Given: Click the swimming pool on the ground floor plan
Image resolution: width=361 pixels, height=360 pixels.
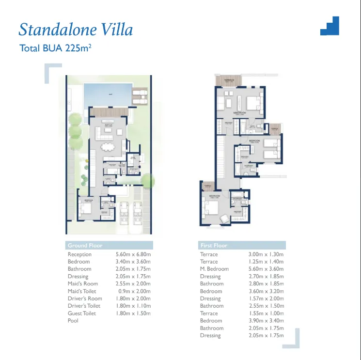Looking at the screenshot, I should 107,95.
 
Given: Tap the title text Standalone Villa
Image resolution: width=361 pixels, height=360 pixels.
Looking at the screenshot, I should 76,30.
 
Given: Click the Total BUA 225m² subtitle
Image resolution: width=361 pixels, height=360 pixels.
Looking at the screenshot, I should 55,48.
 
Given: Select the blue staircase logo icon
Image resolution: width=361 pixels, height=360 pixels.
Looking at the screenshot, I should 330,26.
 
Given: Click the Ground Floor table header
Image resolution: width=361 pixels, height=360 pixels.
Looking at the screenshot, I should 85,246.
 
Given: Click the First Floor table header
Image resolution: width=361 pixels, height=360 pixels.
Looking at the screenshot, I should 214,246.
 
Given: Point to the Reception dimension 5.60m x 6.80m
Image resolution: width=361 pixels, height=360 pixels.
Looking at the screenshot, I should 133,254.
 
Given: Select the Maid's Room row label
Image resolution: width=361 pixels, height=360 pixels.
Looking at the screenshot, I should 83,284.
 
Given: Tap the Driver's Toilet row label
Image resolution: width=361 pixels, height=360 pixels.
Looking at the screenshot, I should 84,306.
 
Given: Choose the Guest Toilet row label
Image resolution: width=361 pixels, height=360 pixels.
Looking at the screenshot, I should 82,313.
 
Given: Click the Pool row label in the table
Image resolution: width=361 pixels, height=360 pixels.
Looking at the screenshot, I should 73,321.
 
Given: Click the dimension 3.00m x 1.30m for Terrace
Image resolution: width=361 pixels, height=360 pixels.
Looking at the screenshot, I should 266,254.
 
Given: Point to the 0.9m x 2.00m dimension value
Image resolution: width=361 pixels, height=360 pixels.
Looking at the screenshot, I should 134,291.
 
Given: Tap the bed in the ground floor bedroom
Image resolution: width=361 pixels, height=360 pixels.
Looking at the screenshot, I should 86,208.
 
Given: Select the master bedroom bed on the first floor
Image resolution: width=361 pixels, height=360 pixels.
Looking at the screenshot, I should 253,103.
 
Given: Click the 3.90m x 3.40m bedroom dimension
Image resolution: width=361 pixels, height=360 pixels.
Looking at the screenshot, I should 266,321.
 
